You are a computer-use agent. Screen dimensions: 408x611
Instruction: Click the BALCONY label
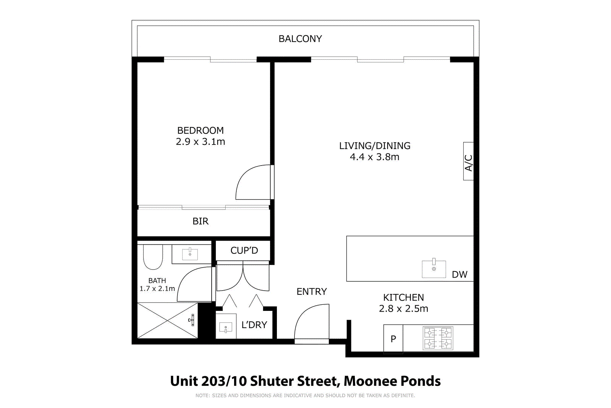[x=300, y=39]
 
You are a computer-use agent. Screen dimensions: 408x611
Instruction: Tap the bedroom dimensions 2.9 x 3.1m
[x=200, y=142]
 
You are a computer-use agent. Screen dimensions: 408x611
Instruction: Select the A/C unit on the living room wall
[x=468, y=161]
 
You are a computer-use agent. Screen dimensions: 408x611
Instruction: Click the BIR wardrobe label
[x=200, y=221]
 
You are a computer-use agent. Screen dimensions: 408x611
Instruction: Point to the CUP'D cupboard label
[x=244, y=250]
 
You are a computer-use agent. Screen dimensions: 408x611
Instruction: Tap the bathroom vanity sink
[x=190, y=254]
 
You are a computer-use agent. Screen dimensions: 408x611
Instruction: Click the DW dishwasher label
[x=459, y=275]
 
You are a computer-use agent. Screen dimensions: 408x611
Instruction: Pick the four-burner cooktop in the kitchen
[x=438, y=338]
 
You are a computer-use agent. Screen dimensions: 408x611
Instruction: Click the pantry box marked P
[x=393, y=339]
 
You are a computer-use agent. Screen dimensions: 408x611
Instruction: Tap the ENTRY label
[x=312, y=292]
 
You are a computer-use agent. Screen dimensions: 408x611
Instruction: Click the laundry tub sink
[x=226, y=328]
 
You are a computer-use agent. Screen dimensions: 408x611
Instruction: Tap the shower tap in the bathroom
[x=192, y=320]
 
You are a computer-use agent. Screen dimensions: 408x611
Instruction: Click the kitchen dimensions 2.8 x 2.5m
[x=403, y=309]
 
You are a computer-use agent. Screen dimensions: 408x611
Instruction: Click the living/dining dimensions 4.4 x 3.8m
[x=375, y=157]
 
